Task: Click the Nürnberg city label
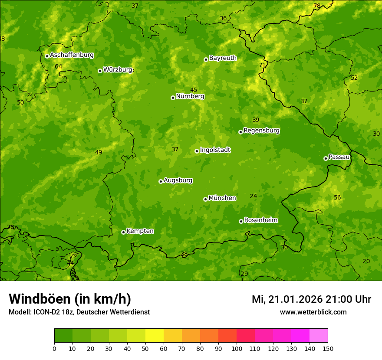[x=190, y=96]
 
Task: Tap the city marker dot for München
[x=205, y=199]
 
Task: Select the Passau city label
[x=339, y=157]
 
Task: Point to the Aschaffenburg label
[x=72, y=55]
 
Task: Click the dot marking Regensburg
[x=240, y=132]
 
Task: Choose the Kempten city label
[x=140, y=231]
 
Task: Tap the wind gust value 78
[x=317, y=6]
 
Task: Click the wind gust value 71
[x=262, y=65]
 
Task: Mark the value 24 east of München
[x=254, y=196]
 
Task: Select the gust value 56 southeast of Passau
[x=337, y=197]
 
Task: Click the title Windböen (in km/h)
[x=70, y=299]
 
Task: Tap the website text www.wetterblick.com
[x=313, y=312]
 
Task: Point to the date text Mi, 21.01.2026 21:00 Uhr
[x=311, y=299]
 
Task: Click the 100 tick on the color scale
[x=237, y=348]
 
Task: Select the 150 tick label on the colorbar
[x=328, y=348]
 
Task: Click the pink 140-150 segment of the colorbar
[x=319, y=336]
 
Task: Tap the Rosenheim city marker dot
[x=241, y=221]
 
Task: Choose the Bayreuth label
[x=223, y=58]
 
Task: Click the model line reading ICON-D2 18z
[x=79, y=312]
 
